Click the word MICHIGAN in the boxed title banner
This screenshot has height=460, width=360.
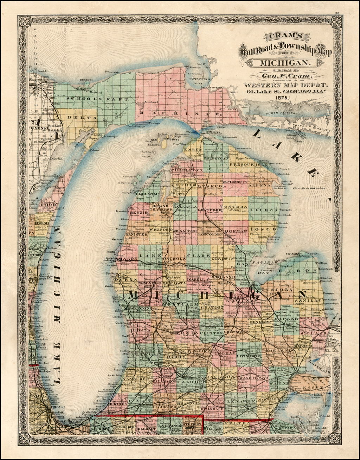pyautogui.click(x=285, y=63)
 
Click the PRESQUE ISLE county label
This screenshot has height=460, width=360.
pyautogui.click(x=248, y=164)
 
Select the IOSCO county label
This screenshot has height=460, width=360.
pyautogui.click(x=268, y=229)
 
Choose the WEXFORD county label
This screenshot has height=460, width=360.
pyautogui.click(x=161, y=229)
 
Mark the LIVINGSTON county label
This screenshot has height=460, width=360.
pyautogui.click(x=249, y=356)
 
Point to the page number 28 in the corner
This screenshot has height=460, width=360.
pyautogui.click(x=337, y=13)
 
